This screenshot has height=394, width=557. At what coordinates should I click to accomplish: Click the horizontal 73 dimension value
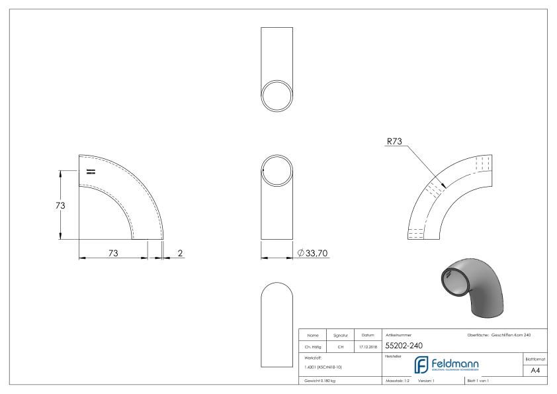tap(112, 252)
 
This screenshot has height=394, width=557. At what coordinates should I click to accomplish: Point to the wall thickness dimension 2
tap(180, 252)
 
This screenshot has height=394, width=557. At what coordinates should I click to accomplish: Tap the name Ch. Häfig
tap(312, 345)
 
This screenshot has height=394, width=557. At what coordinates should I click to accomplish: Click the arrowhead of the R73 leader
tap(443, 187)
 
